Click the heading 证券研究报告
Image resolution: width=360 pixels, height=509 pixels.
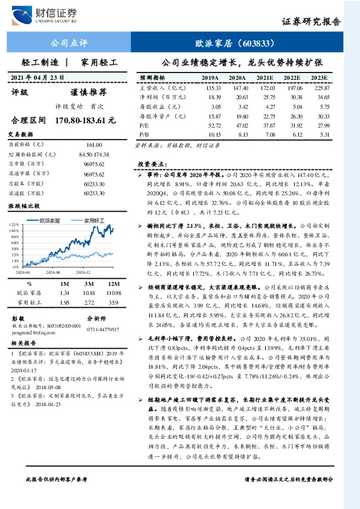point(311,21)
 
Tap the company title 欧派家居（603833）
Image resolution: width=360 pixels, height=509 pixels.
point(236,44)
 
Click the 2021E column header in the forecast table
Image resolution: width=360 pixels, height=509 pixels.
point(264,79)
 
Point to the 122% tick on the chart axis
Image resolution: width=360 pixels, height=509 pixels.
point(14,224)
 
